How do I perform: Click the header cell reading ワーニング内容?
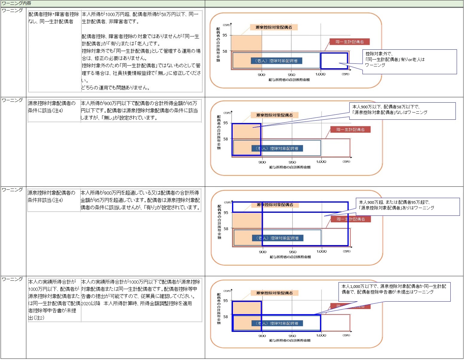16,3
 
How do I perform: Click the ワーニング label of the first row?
12,10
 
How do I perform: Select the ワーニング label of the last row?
12,279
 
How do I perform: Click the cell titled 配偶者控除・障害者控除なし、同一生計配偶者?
54,18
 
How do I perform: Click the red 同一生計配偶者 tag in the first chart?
350,42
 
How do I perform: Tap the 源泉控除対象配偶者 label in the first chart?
274,28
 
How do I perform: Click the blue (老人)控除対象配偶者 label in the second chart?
277,148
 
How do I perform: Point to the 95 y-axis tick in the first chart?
225,35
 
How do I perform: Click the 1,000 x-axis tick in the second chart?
321,162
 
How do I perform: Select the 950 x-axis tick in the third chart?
292,252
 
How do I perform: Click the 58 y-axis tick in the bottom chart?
225,317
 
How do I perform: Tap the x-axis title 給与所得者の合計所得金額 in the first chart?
289,80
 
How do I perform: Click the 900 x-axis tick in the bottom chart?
262,336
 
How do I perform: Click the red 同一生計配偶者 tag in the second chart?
350,130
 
